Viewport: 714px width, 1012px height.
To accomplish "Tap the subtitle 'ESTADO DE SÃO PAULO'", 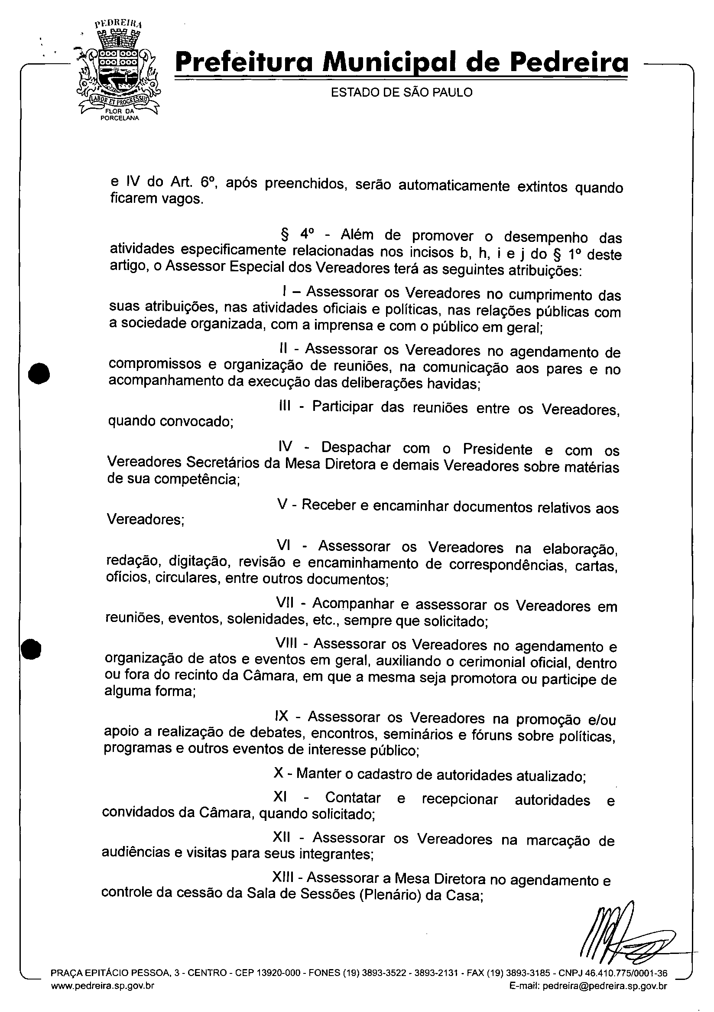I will [402, 92].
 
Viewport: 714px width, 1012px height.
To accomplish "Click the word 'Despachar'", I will [356, 447].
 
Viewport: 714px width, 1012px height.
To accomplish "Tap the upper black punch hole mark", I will [39, 373].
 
